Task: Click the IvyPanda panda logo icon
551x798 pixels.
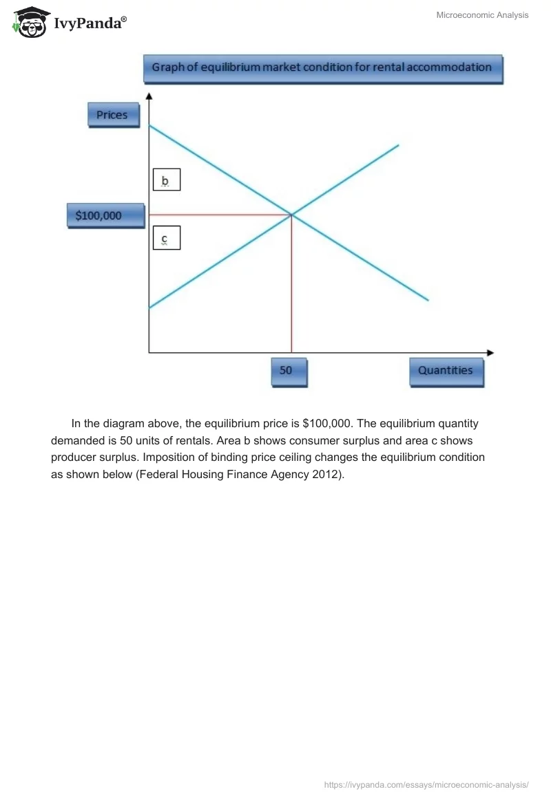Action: click(x=29, y=22)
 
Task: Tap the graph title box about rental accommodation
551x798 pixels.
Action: click(x=322, y=68)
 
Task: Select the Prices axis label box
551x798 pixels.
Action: click(x=112, y=115)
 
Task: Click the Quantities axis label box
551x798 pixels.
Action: click(x=446, y=370)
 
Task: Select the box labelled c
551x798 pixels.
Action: click(x=165, y=239)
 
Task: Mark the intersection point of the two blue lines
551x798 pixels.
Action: click(x=292, y=215)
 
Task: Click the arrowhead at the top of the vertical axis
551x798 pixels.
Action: click(x=149, y=96)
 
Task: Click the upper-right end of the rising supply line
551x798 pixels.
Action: click(x=398, y=145)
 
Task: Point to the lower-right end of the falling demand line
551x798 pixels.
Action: click(x=428, y=299)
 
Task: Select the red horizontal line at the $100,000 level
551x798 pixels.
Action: click(x=220, y=215)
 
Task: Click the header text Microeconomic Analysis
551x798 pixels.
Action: click(x=482, y=15)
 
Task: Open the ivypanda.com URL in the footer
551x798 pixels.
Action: click(x=426, y=784)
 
